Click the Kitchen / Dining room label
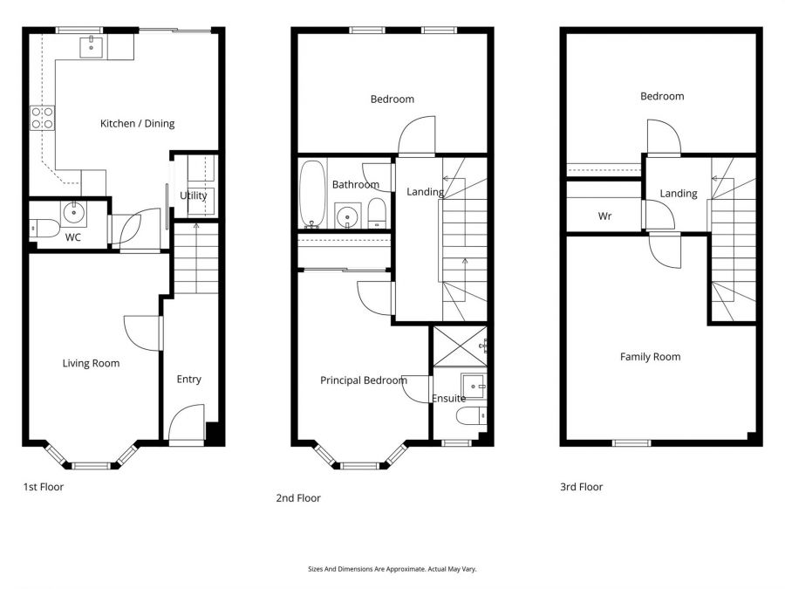[137, 124]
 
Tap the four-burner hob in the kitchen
[43, 118]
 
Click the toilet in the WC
[44, 229]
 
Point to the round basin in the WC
[74, 213]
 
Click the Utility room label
[194, 195]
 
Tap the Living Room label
[91, 364]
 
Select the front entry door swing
[187, 423]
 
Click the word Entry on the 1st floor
[188, 380]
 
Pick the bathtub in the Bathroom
[312, 195]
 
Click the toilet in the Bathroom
[377, 213]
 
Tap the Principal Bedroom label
[364, 380]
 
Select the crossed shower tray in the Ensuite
[460, 346]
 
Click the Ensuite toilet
[472, 416]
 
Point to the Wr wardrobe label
[604, 216]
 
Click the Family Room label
[651, 357]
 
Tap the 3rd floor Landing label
[679, 194]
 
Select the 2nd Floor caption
[298, 498]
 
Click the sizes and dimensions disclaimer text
[392, 569]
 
